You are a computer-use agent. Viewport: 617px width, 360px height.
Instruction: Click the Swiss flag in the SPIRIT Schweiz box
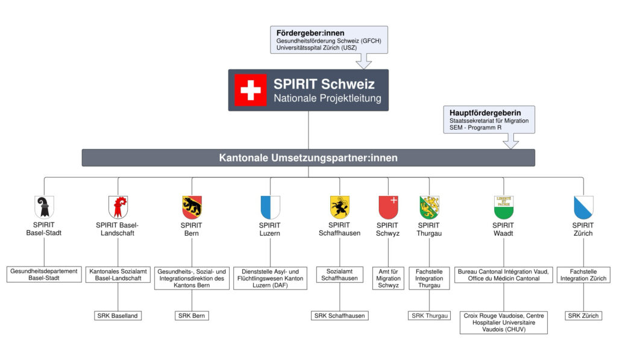click(x=251, y=90)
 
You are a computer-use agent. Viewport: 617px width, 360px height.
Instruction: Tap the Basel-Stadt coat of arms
click(x=44, y=207)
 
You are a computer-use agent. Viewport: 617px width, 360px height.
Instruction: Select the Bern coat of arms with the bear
click(x=192, y=207)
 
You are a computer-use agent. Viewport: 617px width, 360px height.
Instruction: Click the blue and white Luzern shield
click(x=270, y=207)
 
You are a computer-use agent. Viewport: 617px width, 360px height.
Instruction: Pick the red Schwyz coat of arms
click(x=388, y=207)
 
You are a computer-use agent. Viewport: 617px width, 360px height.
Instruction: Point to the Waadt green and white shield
click(x=504, y=207)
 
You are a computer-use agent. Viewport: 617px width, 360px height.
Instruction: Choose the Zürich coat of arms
click(x=583, y=207)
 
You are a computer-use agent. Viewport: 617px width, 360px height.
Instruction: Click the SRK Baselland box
click(x=118, y=315)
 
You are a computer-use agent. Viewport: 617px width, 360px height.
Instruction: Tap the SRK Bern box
click(x=192, y=315)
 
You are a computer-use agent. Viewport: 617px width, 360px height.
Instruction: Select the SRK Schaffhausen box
click(x=340, y=315)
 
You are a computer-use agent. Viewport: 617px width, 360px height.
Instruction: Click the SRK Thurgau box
click(x=430, y=315)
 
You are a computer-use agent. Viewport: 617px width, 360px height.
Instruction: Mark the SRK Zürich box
click(x=583, y=315)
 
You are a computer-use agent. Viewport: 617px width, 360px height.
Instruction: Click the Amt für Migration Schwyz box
click(x=388, y=278)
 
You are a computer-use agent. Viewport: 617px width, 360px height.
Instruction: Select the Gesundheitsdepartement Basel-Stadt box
click(x=44, y=274)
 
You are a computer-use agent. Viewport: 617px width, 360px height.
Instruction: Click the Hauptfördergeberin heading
click(x=485, y=112)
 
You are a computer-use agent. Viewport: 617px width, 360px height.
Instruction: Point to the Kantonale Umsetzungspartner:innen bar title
click(x=308, y=158)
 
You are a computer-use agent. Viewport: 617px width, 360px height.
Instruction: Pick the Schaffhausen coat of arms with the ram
click(x=340, y=207)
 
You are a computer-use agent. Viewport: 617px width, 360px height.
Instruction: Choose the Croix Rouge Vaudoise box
click(x=504, y=322)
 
